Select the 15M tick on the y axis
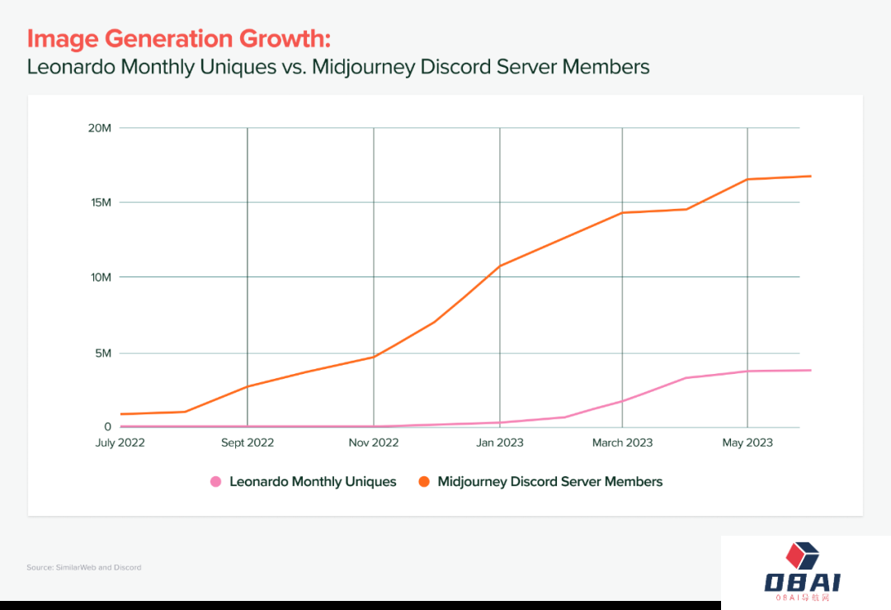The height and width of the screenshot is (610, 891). (101, 202)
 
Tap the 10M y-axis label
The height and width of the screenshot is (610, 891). (101, 277)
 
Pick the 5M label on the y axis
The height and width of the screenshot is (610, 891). (102, 353)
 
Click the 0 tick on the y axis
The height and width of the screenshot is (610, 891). (107, 427)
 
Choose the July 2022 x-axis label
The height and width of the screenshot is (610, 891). (120, 443)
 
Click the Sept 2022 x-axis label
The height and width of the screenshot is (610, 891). (247, 443)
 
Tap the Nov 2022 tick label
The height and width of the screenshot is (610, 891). (374, 443)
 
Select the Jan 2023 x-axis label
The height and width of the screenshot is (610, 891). (499, 443)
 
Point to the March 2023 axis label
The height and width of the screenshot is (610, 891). (622, 443)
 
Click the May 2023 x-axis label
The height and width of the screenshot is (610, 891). (747, 443)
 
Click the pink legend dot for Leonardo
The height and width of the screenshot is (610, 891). (216, 482)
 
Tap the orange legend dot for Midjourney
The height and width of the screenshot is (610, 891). (424, 482)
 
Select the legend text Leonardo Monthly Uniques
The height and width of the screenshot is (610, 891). (313, 482)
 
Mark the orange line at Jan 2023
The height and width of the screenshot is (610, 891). (500, 266)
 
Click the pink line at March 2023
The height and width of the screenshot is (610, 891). (622, 401)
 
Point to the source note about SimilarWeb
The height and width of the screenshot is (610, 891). (83, 568)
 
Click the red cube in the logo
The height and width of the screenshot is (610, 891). (801, 556)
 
